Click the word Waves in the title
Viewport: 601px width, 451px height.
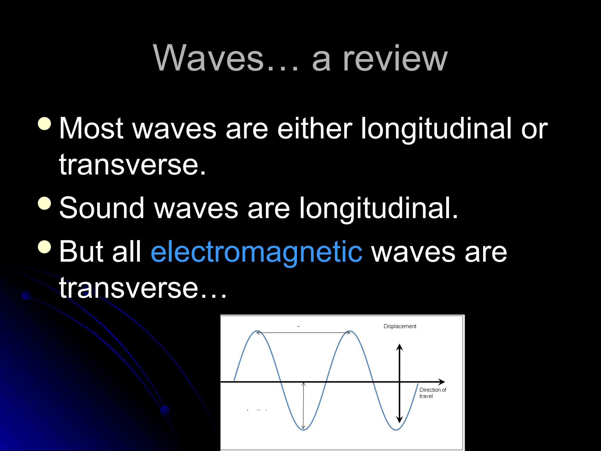[x=209, y=58]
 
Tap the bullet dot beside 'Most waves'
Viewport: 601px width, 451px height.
[x=45, y=123]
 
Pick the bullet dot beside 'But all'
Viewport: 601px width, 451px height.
[x=45, y=247]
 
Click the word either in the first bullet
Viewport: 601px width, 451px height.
[x=314, y=128]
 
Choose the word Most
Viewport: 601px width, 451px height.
[x=91, y=128]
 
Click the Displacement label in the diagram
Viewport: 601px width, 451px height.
[x=400, y=326]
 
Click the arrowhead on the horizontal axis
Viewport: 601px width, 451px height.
[x=442, y=382]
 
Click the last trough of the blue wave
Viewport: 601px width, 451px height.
[x=396, y=430]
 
